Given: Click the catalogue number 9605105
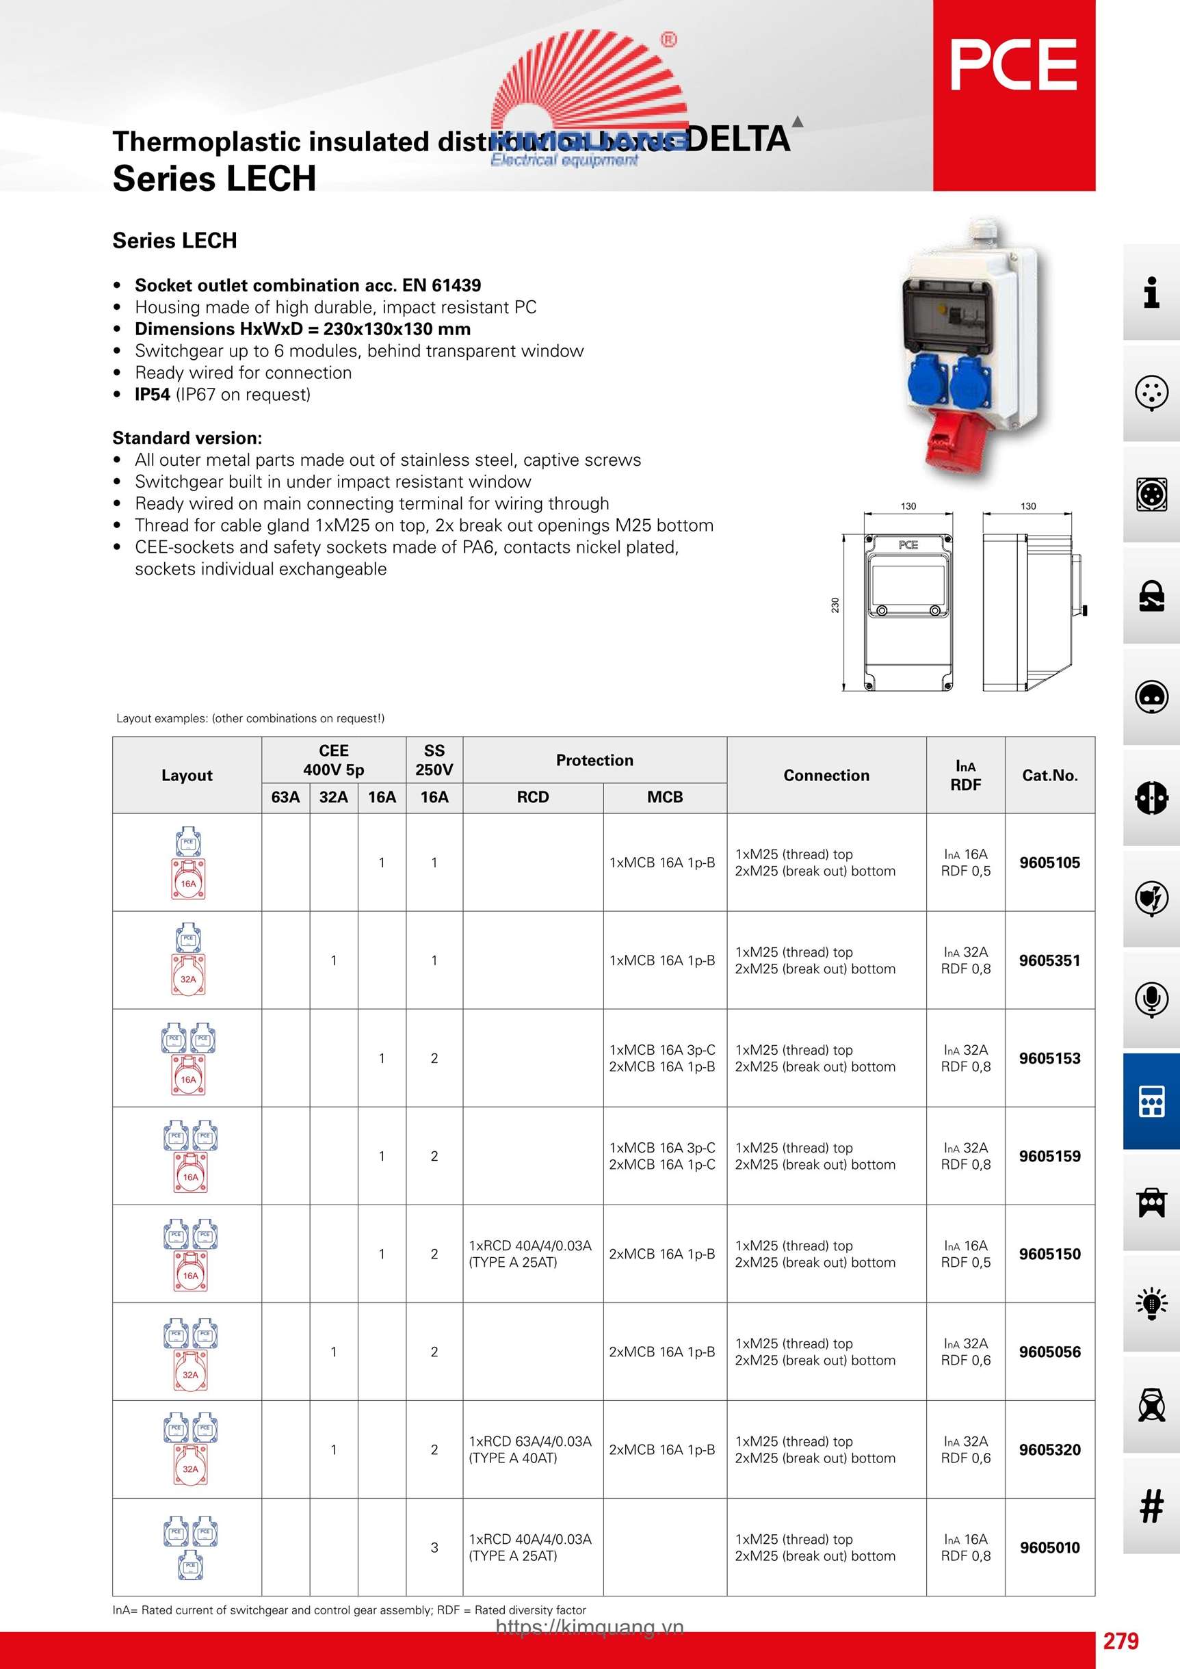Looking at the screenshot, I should click(x=1049, y=863).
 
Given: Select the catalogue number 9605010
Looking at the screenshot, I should click(x=1049, y=1548).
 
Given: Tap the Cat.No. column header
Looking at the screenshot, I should click(x=1049, y=776).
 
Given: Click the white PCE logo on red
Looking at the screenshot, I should click(x=1014, y=66).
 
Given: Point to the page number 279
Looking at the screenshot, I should click(x=1120, y=1642).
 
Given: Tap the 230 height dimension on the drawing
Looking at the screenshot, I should click(x=835, y=605).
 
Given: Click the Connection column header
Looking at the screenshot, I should click(x=826, y=776).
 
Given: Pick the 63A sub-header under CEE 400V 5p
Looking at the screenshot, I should click(x=285, y=798).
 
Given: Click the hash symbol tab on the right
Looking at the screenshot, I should click(x=1151, y=1506).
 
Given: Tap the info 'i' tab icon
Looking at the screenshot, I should click(x=1151, y=293).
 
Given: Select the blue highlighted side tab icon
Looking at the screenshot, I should click(x=1151, y=1101).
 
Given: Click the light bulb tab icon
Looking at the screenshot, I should click(x=1151, y=1303).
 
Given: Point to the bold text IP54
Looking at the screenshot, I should click(x=152, y=395).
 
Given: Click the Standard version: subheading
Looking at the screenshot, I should click(x=187, y=438).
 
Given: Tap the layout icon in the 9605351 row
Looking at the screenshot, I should click(x=188, y=960).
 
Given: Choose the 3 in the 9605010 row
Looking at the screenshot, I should click(x=434, y=1548).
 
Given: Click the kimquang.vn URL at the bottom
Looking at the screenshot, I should click(x=590, y=1627).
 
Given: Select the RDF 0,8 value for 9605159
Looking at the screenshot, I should click(x=965, y=1164).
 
